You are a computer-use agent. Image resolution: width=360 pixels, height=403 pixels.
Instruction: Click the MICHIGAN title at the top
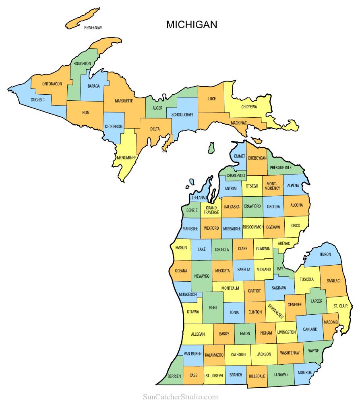[x=192, y=25]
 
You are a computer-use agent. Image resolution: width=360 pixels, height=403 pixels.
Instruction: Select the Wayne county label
[x=313, y=351]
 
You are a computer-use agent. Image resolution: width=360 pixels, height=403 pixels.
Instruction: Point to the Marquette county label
[x=124, y=101]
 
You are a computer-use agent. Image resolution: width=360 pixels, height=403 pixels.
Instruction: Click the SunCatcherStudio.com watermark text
[x=180, y=397]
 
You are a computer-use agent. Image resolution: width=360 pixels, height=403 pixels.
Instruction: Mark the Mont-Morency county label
[x=273, y=185]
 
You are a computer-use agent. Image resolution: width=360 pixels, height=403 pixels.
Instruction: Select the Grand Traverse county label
[x=211, y=210]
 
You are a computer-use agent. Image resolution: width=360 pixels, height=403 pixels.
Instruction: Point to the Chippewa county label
[x=249, y=107]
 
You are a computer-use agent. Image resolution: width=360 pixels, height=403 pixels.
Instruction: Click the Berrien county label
[x=174, y=376]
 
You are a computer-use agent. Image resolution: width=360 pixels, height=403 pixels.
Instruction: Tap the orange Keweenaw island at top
[x=83, y=18]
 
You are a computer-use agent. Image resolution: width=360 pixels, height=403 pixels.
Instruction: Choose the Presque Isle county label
[x=281, y=167]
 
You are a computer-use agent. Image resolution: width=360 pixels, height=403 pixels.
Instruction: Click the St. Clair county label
[x=340, y=306]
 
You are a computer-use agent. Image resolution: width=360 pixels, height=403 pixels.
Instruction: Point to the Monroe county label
[x=305, y=372]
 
